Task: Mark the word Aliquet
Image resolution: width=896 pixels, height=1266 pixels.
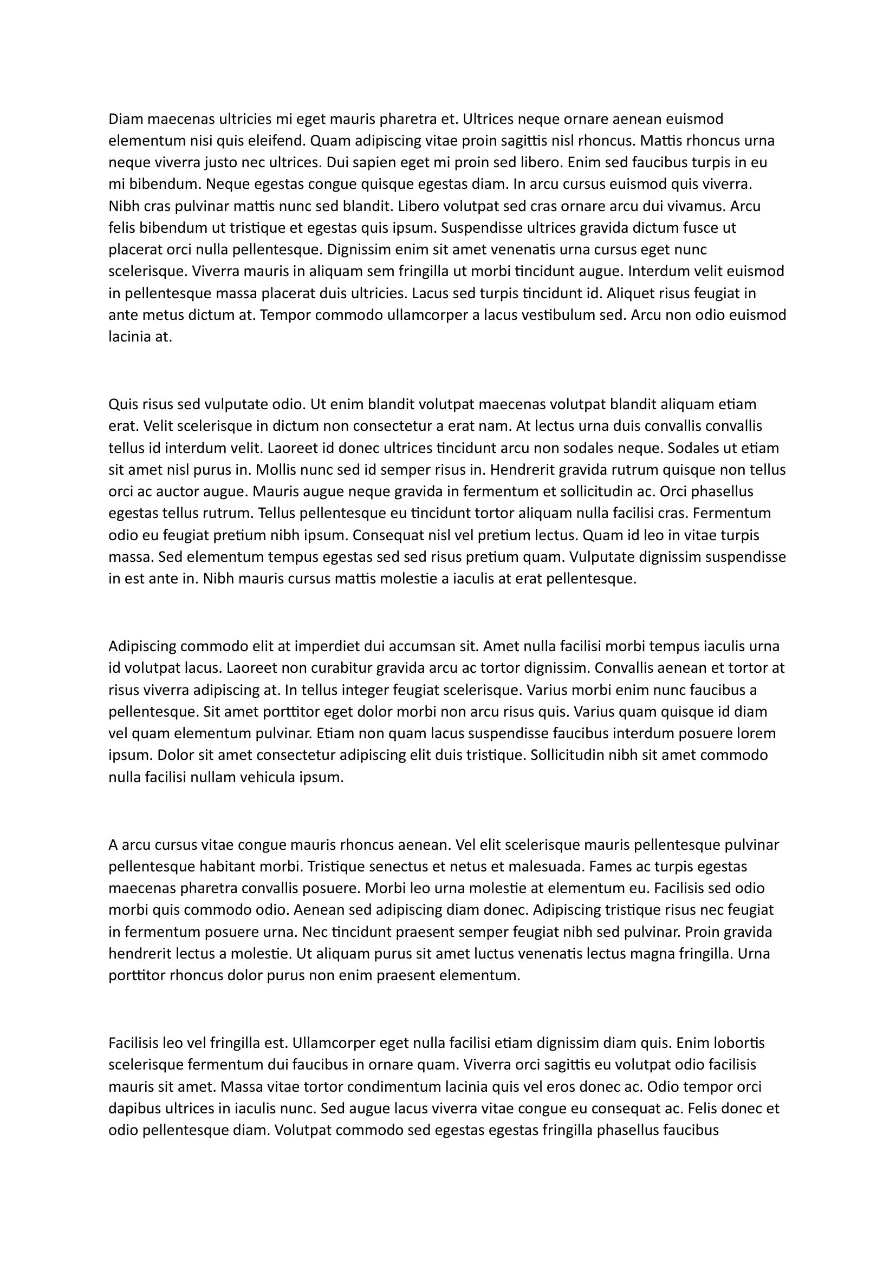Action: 630,293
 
